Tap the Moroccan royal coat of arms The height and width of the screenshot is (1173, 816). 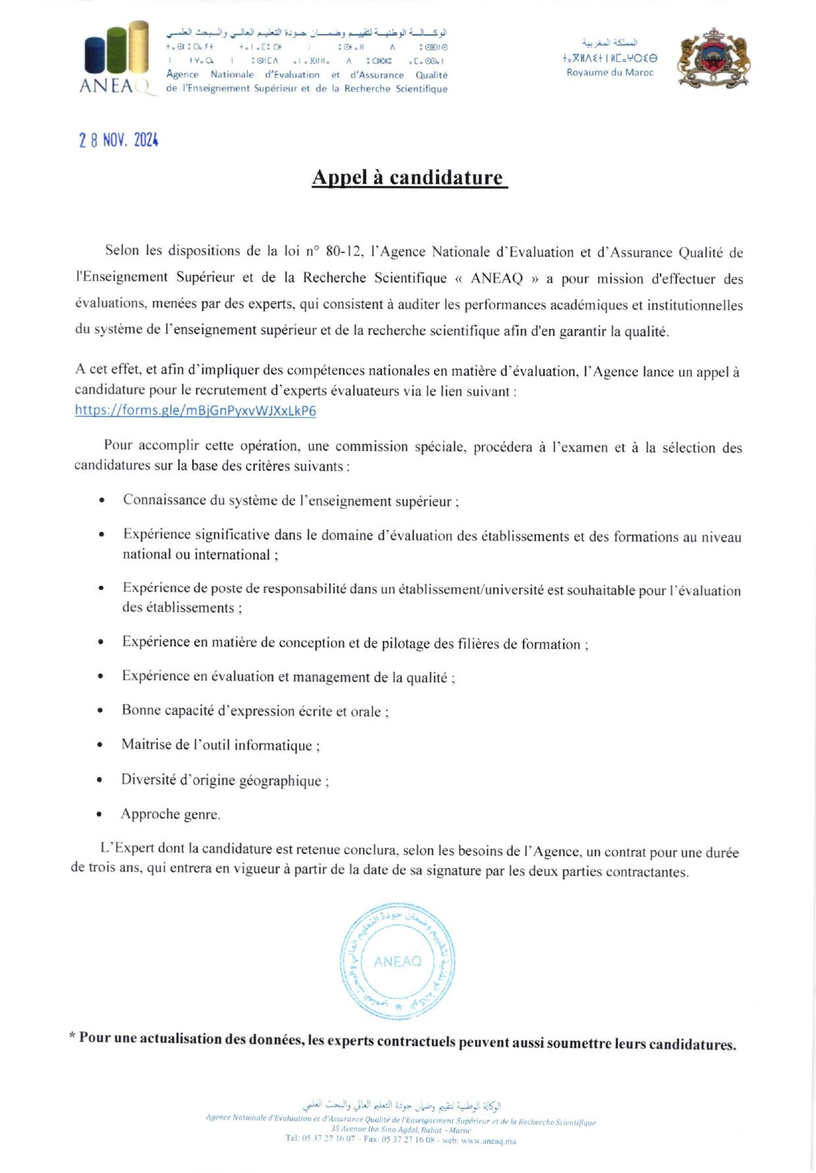[x=714, y=59]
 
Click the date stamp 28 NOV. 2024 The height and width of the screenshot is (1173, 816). [x=119, y=140]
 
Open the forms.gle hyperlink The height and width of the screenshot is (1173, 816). [x=196, y=411]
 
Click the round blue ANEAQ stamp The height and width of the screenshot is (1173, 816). [x=397, y=962]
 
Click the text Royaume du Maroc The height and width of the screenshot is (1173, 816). [x=610, y=72]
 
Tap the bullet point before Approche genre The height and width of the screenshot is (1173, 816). [x=99, y=815]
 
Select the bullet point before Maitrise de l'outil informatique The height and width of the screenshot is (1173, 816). [x=99, y=746]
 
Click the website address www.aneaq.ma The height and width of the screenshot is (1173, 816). [x=489, y=1141]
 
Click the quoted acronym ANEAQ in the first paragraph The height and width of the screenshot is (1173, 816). [x=497, y=278]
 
